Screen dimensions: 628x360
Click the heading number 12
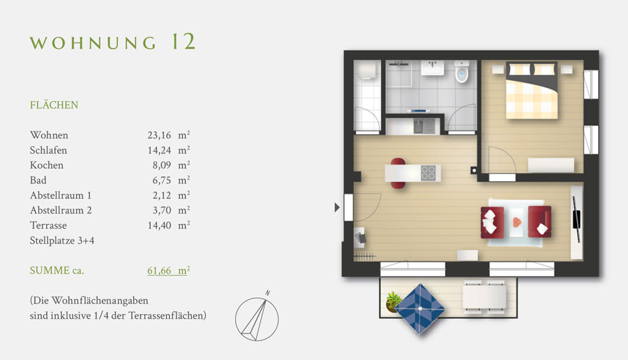click(x=184, y=42)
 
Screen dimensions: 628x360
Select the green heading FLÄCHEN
click(x=54, y=105)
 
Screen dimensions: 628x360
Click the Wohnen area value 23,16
click(x=159, y=135)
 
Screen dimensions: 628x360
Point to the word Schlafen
click(x=48, y=150)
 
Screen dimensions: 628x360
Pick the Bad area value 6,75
click(x=161, y=180)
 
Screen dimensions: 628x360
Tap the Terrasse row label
click(x=48, y=225)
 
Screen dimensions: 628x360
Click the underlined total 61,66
click(x=159, y=271)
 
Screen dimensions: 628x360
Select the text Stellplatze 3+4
click(x=62, y=240)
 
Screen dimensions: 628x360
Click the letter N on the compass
click(x=267, y=293)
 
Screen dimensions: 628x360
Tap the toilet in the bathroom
click(x=462, y=71)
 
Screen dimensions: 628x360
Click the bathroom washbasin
click(x=432, y=68)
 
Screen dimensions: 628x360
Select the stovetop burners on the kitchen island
click(x=428, y=173)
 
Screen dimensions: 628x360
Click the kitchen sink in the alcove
click(x=419, y=126)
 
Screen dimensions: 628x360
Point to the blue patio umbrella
click(x=420, y=309)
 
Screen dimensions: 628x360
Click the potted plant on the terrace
click(x=393, y=301)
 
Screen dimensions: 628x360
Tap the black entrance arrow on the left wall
click(x=337, y=207)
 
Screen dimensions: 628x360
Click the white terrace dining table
click(x=485, y=297)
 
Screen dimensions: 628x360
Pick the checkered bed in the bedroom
click(x=532, y=90)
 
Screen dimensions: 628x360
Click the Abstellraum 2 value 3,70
click(x=161, y=210)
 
